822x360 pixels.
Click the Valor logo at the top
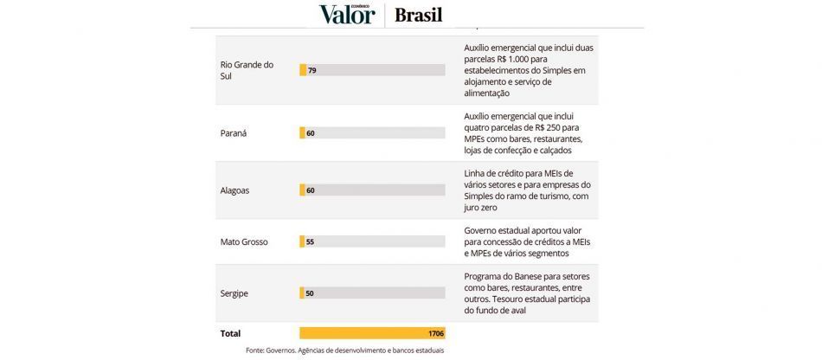point(348,14)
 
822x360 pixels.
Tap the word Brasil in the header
point(418,15)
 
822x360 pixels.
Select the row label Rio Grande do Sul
point(247,70)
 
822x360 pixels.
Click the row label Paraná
point(234,133)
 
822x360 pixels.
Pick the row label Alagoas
point(234,190)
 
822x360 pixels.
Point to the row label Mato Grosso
point(244,241)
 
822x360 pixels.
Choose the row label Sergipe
point(234,293)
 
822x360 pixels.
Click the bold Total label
point(230,333)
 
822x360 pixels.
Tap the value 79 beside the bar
point(311,70)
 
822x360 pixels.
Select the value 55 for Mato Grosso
point(310,242)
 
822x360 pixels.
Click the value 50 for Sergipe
point(309,293)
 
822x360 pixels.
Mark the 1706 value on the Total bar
point(435,333)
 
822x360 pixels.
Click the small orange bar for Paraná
point(302,133)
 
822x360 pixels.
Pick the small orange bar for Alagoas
point(302,190)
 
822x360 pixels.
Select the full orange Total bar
point(372,333)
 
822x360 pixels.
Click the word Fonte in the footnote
point(254,350)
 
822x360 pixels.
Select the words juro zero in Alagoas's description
point(481,208)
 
